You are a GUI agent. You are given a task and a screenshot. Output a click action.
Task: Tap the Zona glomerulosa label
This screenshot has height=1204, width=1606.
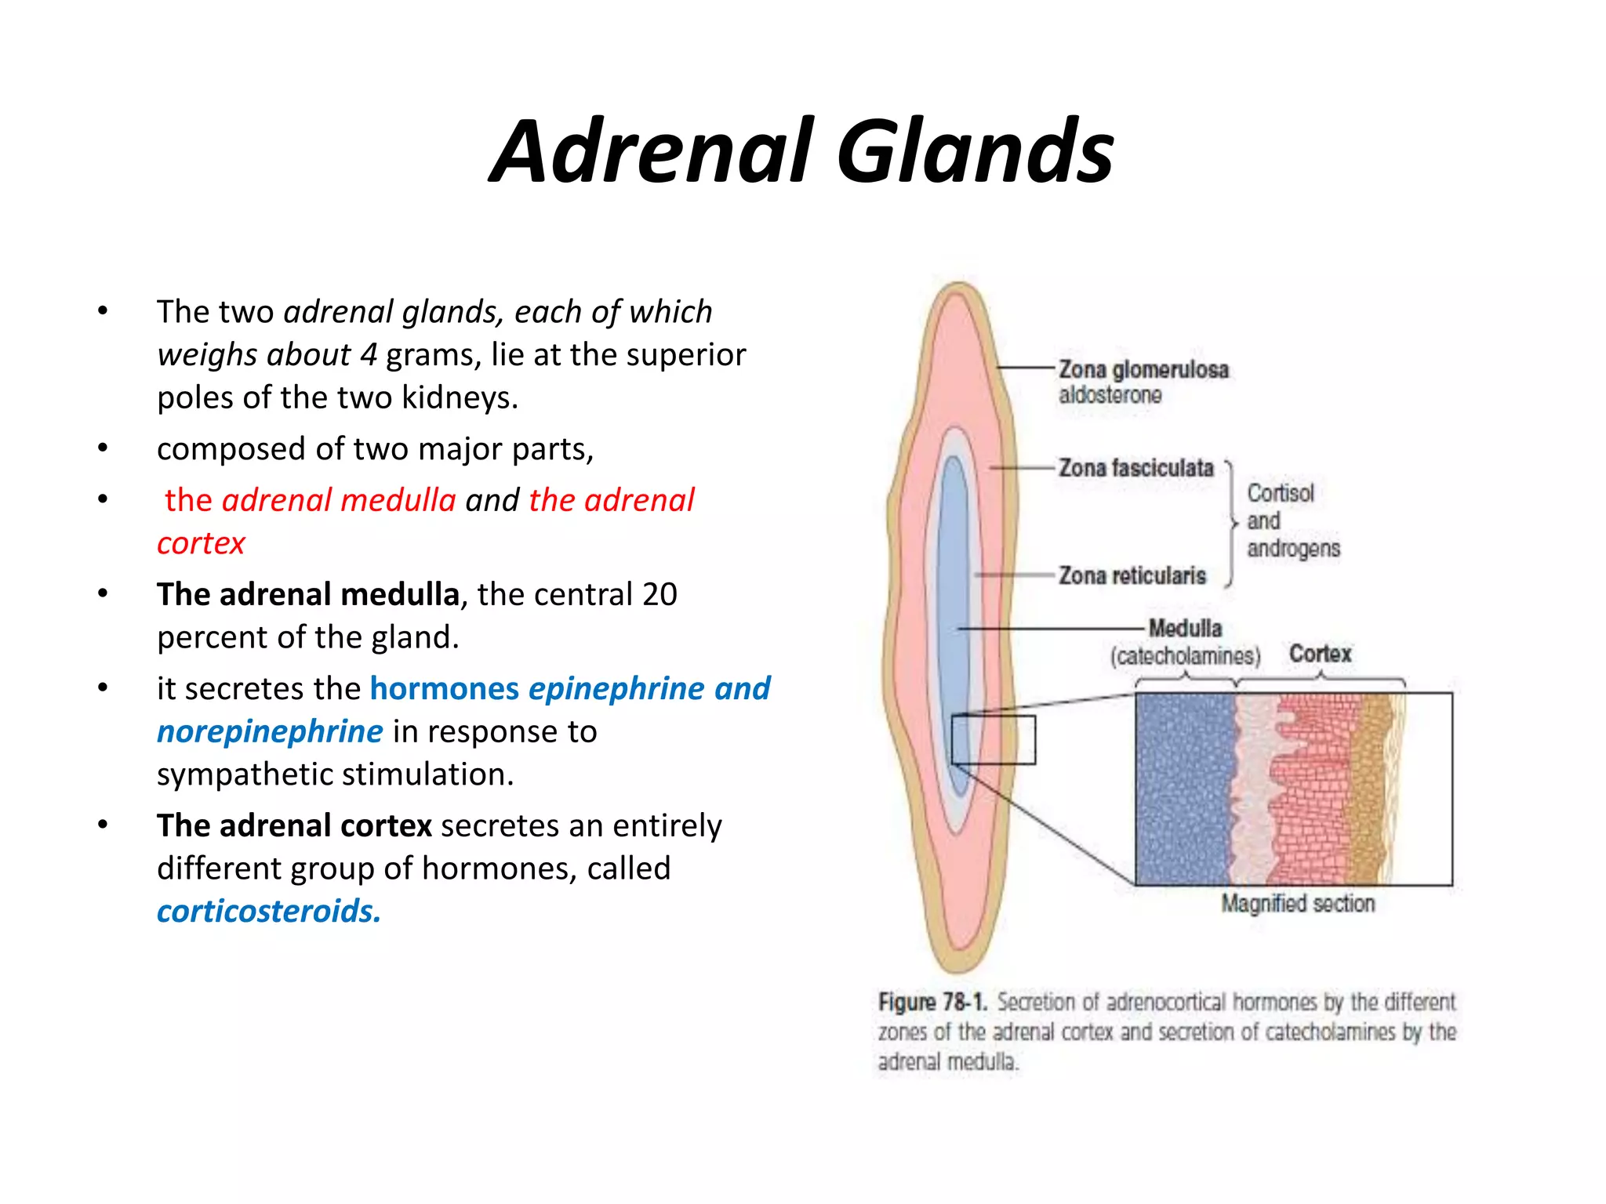pyautogui.click(x=1143, y=369)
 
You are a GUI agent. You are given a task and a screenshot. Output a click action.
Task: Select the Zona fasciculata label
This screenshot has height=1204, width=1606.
pyautogui.click(x=1135, y=468)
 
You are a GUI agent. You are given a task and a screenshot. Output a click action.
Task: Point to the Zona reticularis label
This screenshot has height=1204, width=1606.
pyautogui.click(x=1132, y=575)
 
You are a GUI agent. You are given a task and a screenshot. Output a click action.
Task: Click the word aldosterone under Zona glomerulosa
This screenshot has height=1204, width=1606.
pyautogui.click(x=1110, y=395)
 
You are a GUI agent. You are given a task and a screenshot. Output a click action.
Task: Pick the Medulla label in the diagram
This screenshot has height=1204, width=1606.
pyautogui.click(x=1185, y=628)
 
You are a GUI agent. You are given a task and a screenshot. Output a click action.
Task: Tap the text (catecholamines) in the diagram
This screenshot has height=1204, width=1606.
pyautogui.click(x=1185, y=655)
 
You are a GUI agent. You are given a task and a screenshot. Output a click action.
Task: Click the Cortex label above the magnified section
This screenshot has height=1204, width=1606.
pyautogui.click(x=1320, y=654)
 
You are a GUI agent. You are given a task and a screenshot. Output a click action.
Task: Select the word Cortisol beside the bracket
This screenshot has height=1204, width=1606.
pyautogui.click(x=1280, y=493)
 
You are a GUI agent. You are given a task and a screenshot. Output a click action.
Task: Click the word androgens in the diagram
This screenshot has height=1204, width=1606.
pyautogui.click(x=1293, y=548)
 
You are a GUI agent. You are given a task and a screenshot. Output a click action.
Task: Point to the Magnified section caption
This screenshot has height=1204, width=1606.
pyautogui.click(x=1298, y=904)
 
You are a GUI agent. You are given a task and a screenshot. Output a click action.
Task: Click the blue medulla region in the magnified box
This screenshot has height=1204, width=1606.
pyautogui.click(x=1184, y=789)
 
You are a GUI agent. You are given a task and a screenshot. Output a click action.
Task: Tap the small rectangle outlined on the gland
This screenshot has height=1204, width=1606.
pyautogui.click(x=994, y=739)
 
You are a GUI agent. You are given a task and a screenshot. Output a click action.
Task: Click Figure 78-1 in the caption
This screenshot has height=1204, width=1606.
pyautogui.click(x=932, y=1002)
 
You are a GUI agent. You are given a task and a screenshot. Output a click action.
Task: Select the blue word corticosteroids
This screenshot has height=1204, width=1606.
pyautogui.click(x=268, y=912)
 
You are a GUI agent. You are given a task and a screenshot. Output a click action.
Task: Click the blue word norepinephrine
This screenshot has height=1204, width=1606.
pyautogui.click(x=270, y=731)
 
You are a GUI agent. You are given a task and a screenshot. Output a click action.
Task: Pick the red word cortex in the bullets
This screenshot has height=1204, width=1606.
pyautogui.click(x=201, y=543)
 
